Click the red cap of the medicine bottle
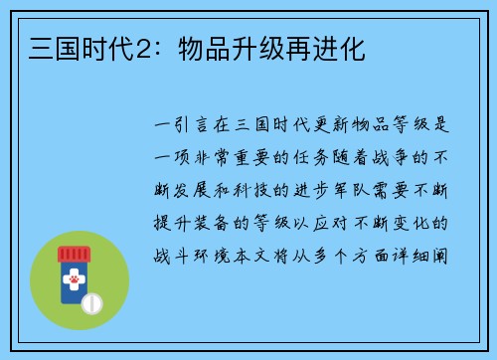click(x=73, y=254)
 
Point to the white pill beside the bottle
click(x=91, y=302)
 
